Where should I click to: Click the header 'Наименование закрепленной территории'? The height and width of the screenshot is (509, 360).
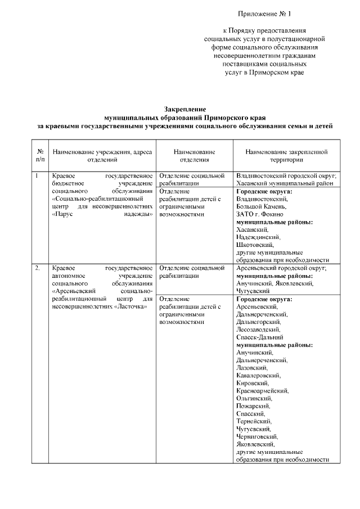[x=286, y=156]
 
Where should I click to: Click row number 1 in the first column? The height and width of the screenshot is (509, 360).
[x=37, y=176]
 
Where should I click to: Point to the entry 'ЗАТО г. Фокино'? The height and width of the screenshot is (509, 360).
[x=259, y=214]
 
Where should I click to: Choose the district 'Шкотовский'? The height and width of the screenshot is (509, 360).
[x=255, y=245]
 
